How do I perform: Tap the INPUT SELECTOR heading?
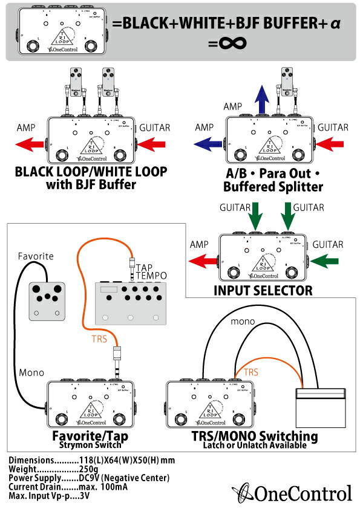[x=263, y=290]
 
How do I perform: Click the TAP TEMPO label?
[x=149, y=272]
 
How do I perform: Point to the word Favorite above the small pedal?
[x=36, y=256]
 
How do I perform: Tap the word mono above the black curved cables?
[x=242, y=322]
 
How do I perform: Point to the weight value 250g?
[x=90, y=469]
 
